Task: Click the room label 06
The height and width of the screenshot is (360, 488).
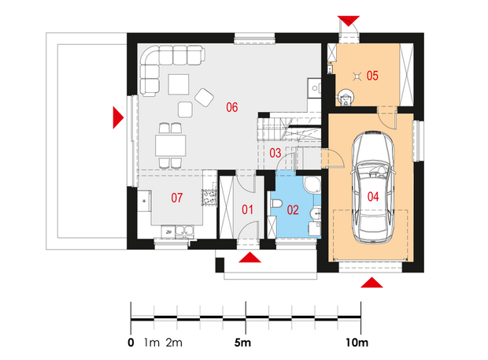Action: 232,107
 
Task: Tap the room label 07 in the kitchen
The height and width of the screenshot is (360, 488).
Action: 177,198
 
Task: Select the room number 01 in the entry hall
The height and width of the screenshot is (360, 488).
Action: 247,210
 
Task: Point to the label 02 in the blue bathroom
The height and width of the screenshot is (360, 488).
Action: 293,210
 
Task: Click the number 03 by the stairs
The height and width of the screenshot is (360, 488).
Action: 275,153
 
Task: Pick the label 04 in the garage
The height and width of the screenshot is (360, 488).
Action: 373,197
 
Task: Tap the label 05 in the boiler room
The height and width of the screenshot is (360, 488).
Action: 372,76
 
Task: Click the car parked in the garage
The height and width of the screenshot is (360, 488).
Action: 373,187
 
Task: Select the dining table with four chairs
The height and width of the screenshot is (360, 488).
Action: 171,146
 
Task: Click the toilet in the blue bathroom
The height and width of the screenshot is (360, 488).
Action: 276,204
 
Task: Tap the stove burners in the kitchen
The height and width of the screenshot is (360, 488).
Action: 209,198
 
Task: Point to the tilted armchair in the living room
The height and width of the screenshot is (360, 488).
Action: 204,98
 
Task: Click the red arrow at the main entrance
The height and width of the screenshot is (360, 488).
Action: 250,258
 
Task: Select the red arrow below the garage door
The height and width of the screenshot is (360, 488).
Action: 372,282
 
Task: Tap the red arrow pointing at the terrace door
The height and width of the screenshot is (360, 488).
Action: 118,117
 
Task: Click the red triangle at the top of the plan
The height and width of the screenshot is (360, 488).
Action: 349,20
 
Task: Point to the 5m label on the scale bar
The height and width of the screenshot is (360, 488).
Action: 242,343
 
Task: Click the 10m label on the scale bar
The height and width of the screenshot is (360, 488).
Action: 357,343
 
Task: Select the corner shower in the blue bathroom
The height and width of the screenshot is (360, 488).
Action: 312,185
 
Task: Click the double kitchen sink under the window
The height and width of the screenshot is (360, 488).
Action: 184,231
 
